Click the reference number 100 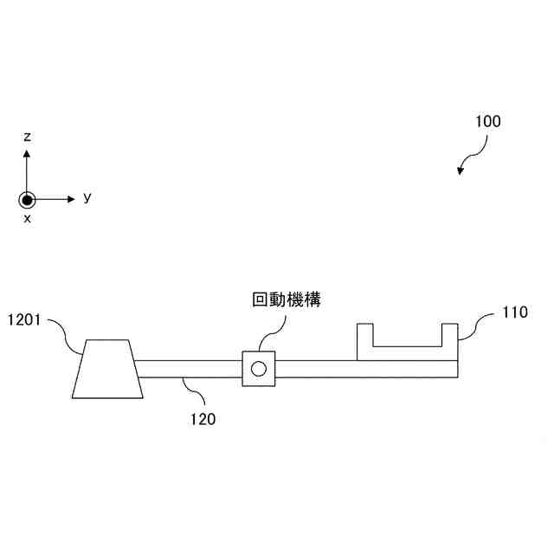click(x=487, y=122)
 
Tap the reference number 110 click(x=514, y=313)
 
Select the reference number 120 click(x=203, y=420)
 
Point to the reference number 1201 click(x=24, y=319)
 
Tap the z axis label click(x=28, y=137)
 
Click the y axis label click(x=87, y=197)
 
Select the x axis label click(x=28, y=219)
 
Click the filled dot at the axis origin click(x=28, y=199)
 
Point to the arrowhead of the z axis click(x=28, y=153)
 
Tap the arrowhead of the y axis click(x=73, y=199)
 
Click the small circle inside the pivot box click(x=258, y=370)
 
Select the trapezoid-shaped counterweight click(x=107, y=369)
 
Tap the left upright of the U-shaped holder click(x=364, y=341)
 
